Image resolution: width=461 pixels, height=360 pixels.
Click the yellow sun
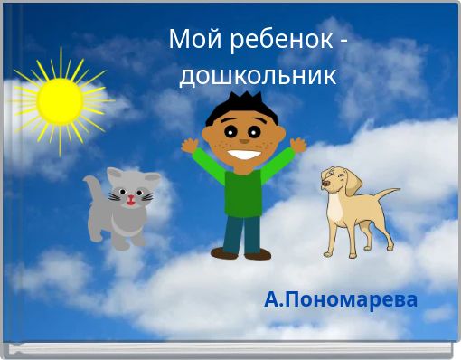(61, 99)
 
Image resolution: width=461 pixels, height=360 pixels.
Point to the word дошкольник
(258, 74)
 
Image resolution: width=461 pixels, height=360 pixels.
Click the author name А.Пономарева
(341, 299)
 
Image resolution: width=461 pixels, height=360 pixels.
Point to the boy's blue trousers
(242, 232)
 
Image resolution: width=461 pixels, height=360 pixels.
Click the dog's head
(336, 180)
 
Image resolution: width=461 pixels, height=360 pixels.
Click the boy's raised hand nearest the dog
(297, 144)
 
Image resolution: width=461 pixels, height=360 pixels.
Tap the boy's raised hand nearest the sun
(189, 145)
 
